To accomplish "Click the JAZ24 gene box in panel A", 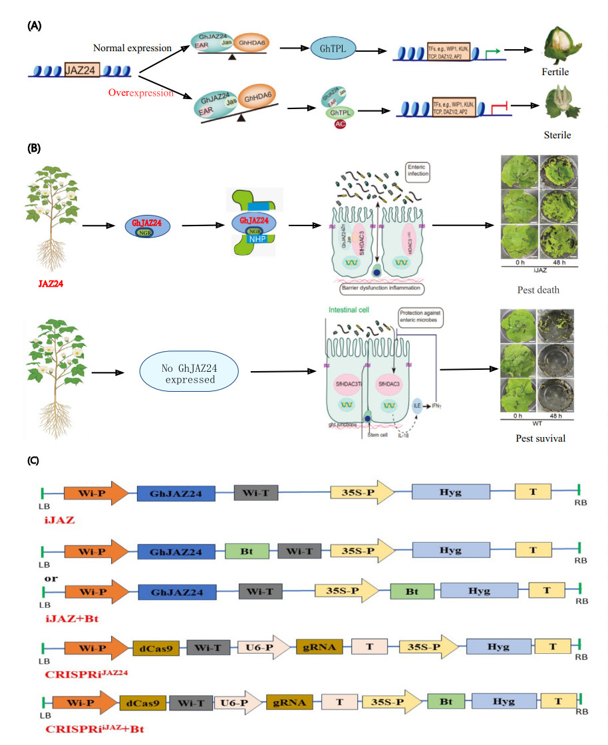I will pyautogui.click(x=84, y=69).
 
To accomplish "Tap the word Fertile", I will pyautogui.click(x=555, y=71).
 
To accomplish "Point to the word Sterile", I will pyautogui.click(x=557, y=135).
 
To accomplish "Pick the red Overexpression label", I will pyautogui.click(x=141, y=92).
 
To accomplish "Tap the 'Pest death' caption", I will pyautogui.click(x=538, y=290).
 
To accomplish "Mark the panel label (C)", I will pyautogui.click(x=35, y=460).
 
